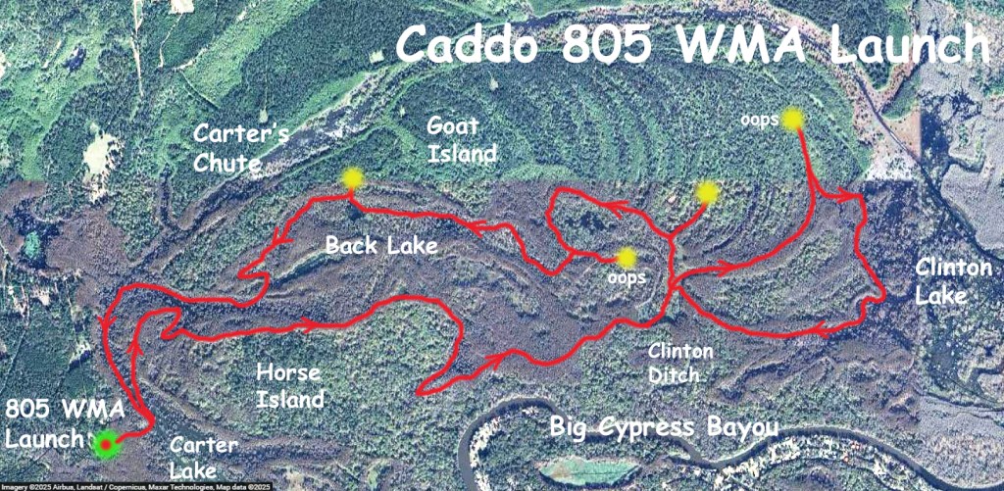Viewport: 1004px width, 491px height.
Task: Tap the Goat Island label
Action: coord(462,139)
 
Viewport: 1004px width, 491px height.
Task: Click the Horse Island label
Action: coord(289,385)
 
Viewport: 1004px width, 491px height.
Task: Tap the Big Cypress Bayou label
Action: coord(664,428)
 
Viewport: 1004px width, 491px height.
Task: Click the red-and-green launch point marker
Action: coord(105,444)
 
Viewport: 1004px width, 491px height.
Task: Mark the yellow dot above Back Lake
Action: coord(352,178)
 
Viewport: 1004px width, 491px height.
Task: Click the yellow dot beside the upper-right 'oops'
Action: coord(793,120)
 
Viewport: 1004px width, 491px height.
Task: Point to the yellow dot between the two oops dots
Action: coord(706,193)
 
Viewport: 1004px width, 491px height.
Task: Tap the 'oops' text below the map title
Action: coord(758,119)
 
